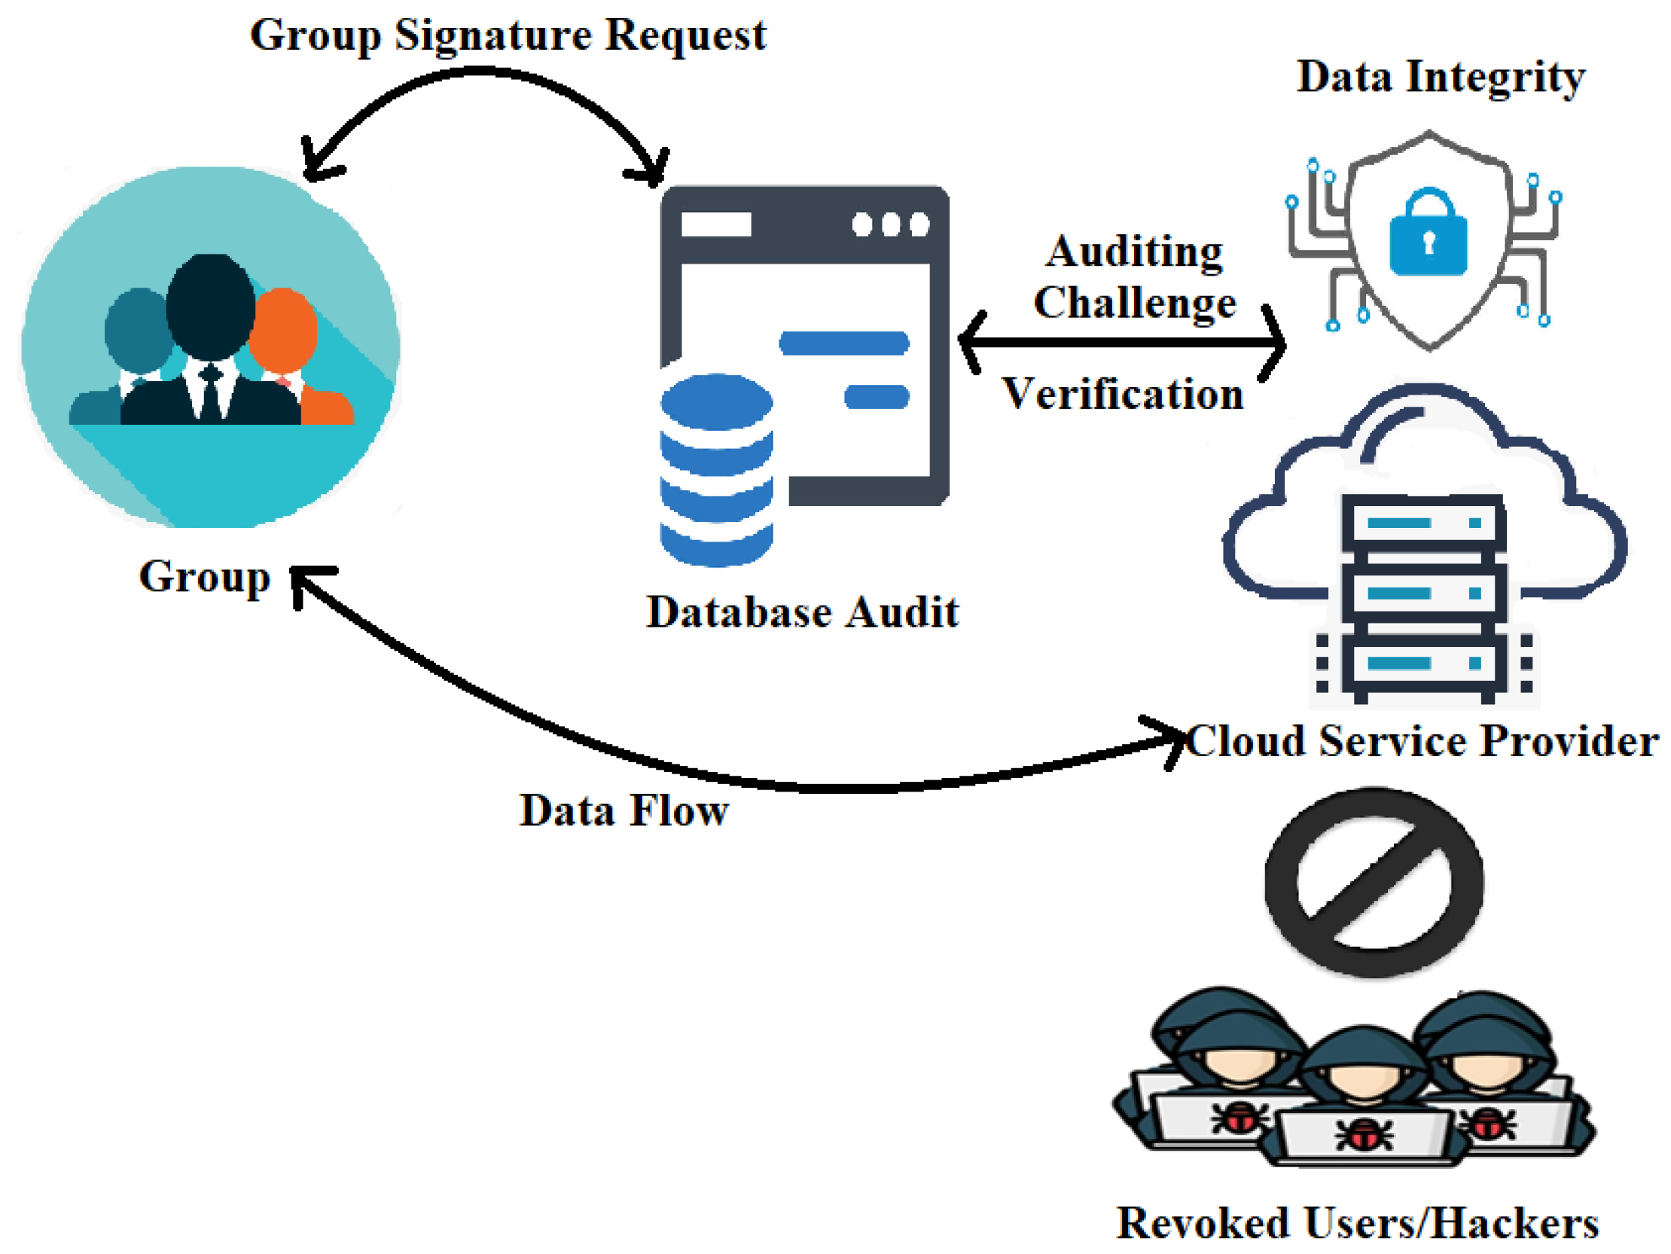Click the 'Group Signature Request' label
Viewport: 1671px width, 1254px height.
click(508, 35)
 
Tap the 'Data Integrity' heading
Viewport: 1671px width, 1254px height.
click(1440, 77)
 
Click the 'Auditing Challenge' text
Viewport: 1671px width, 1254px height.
click(1135, 276)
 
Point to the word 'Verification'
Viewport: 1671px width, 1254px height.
click(1123, 394)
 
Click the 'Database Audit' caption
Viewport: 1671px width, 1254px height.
click(802, 611)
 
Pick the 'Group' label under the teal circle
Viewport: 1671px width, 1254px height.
click(204, 576)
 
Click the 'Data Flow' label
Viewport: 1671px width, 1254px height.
click(624, 810)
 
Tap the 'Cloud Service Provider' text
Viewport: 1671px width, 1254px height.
click(1422, 740)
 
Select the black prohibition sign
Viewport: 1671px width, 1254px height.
click(1374, 882)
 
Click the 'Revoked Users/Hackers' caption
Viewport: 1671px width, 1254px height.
click(1357, 1222)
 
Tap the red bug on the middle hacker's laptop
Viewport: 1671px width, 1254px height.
click(1364, 1133)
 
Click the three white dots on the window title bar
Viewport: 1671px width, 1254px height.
click(890, 224)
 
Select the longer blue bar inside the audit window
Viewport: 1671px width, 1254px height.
click(843, 342)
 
